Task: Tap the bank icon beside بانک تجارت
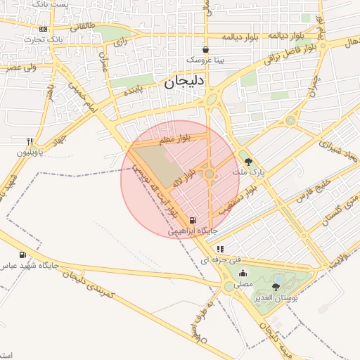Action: [x=44, y=29]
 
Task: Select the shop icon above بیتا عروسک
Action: [x=205, y=50]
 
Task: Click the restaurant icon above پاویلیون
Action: [x=30, y=141]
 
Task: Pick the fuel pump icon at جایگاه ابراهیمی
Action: [x=193, y=219]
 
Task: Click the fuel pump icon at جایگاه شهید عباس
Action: [x=22, y=255]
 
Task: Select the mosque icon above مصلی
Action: [x=243, y=274]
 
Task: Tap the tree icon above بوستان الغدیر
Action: [x=275, y=287]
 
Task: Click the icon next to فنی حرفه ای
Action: [x=220, y=249]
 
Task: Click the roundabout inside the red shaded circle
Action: [x=209, y=173]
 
